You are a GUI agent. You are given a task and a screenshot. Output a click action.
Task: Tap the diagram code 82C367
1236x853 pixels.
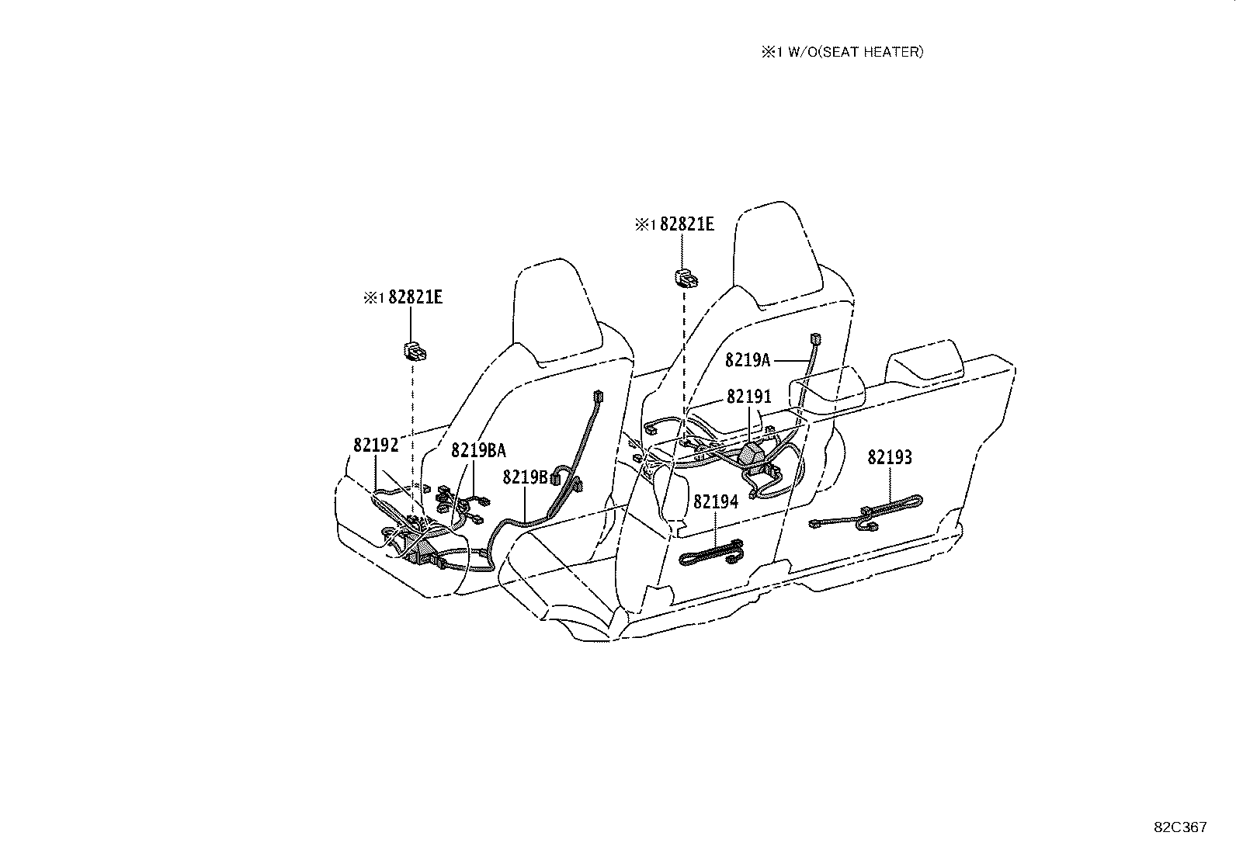pyautogui.click(x=1180, y=827)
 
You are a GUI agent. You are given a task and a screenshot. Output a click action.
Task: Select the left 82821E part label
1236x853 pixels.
pyautogui.click(x=415, y=297)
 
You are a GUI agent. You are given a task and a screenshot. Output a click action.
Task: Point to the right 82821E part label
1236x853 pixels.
pyautogui.click(x=687, y=224)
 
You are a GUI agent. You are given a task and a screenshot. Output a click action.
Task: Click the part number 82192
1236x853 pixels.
pyautogui.click(x=376, y=445)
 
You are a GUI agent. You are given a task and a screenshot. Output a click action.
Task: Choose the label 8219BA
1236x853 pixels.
pyautogui.click(x=478, y=450)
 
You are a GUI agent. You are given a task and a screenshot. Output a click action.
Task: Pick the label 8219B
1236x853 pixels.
pyautogui.click(x=525, y=477)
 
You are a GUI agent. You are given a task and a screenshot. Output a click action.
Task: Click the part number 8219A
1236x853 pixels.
pyautogui.click(x=747, y=360)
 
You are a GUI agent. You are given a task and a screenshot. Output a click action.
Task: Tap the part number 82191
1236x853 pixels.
pyautogui.click(x=748, y=397)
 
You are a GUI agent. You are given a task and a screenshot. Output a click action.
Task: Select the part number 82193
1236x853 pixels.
pyautogui.click(x=890, y=457)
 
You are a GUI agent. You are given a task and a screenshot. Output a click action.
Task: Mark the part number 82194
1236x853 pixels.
pyautogui.click(x=716, y=501)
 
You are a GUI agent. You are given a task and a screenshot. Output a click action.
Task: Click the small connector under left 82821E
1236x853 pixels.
pyautogui.click(x=415, y=351)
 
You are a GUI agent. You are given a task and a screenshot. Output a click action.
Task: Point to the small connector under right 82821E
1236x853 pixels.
pyautogui.click(x=686, y=278)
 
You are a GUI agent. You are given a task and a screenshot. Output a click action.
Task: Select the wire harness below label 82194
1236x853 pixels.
pyautogui.click(x=711, y=553)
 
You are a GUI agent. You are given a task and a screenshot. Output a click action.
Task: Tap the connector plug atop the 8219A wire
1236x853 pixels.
pyautogui.click(x=815, y=338)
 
